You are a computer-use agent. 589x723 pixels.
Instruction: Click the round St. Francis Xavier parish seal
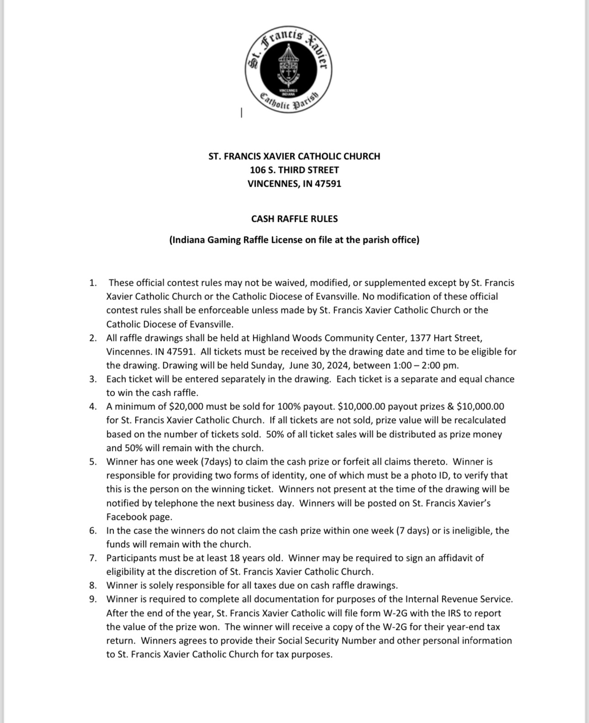288,70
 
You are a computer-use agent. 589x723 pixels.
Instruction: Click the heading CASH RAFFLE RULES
294,219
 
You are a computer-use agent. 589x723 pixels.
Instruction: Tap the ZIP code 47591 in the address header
328,183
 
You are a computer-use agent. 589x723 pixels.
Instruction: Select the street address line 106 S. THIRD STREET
294,170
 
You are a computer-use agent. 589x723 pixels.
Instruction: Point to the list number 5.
93,461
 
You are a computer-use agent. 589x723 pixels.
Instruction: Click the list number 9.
93,599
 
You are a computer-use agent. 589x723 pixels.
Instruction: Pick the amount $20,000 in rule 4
189,406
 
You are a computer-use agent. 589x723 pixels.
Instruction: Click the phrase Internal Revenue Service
459,599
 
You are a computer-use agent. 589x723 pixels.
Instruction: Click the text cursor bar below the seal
241,113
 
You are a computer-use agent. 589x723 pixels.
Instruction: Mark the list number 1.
93,283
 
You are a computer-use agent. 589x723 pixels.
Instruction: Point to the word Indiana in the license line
188,240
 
